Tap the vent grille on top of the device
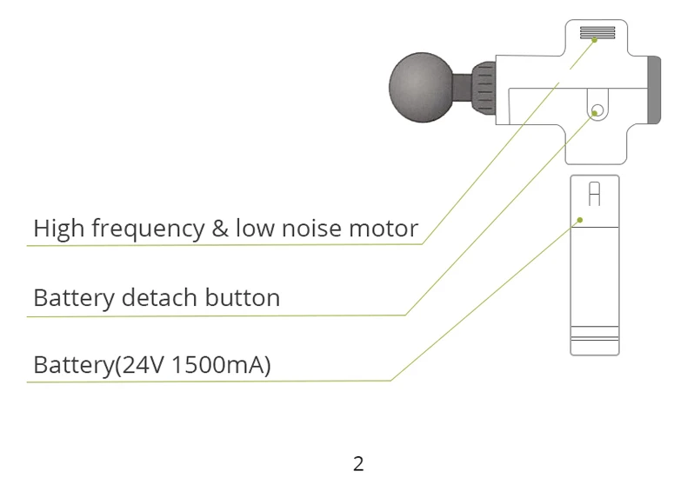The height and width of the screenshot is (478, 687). (x=597, y=34)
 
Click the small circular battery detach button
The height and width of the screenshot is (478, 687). (x=596, y=111)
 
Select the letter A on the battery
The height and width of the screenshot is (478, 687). (x=594, y=193)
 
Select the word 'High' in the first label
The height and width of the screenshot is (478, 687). (x=58, y=229)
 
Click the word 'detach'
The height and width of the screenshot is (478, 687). (x=159, y=298)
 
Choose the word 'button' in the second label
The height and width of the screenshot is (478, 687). (x=243, y=298)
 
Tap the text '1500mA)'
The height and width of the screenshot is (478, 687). (x=223, y=365)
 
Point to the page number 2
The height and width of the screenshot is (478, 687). (x=358, y=463)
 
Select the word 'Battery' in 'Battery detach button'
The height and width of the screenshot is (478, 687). (x=73, y=299)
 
